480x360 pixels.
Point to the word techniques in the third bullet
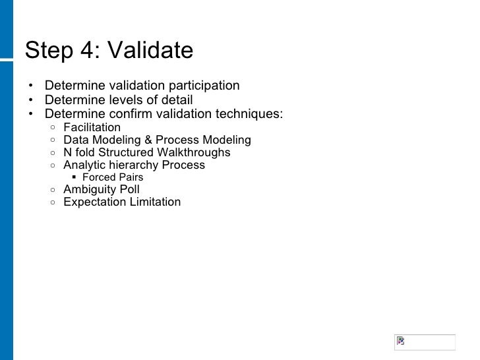(253, 114)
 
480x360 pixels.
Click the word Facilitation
(92, 127)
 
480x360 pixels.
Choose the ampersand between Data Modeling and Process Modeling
(148, 140)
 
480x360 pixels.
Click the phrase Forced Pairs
(112, 177)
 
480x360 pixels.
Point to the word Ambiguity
(89, 189)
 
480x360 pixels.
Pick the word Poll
(129, 189)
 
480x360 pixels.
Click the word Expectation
(92, 202)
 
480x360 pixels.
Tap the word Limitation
(153, 202)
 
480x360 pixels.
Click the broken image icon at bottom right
(400, 342)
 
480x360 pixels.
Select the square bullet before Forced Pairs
(75, 177)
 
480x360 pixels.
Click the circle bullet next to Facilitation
(51, 127)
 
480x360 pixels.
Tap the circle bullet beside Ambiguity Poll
(51, 190)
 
